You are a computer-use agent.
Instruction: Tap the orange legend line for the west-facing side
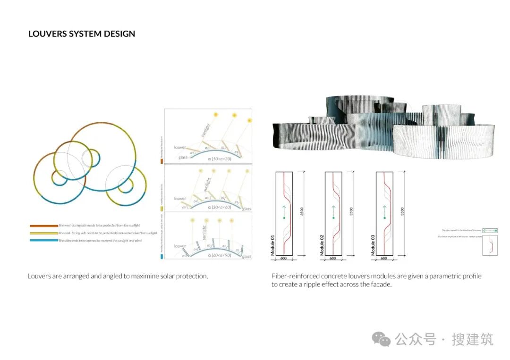coord(43,226)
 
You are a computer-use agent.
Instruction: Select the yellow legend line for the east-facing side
coord(43,233)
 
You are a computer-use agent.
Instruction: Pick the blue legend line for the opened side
coord(43,241)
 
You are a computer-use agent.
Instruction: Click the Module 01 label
coord(272,246)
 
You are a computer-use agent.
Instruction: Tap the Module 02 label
coord(322,246)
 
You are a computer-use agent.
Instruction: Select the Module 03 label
coord(373,246)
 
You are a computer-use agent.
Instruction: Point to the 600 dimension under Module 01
coord(284,259)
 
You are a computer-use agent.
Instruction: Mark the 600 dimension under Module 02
coord(333,259)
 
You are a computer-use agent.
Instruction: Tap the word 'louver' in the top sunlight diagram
coord(180,148)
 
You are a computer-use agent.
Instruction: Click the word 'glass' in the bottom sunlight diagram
coord(246,257)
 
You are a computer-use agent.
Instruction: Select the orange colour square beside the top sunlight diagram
coord(161,161)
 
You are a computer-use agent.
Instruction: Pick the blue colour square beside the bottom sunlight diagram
coord(161,257)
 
